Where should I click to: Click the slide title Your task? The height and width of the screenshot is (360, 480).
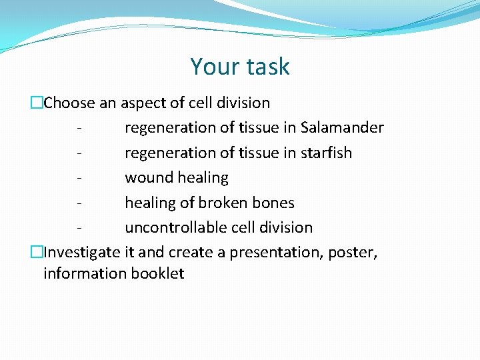[240, 67]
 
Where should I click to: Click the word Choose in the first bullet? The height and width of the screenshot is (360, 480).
[69, 103]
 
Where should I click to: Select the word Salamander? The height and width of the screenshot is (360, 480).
[342, 127]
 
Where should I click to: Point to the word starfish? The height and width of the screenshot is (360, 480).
[326, 153]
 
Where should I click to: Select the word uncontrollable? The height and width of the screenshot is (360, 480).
[173, 227]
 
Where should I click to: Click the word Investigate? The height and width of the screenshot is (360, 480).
[82, 253]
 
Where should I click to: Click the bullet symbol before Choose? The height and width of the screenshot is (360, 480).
[37, 103]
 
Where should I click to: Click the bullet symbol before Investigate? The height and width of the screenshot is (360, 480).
[37, 253]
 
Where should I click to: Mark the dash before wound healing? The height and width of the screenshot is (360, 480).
[80, 178]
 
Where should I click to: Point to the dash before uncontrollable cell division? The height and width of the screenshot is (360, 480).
[80, 227]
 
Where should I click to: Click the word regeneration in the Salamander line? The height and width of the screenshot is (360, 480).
[168, 127]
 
